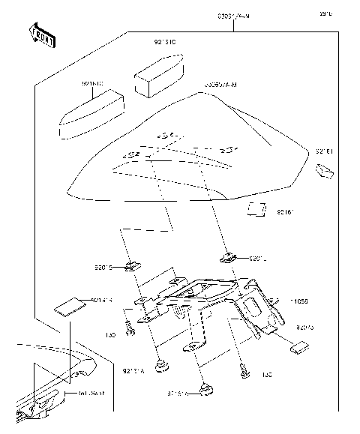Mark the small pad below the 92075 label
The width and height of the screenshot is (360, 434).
pos(299,346)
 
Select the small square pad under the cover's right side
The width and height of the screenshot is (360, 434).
pos(256,209)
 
